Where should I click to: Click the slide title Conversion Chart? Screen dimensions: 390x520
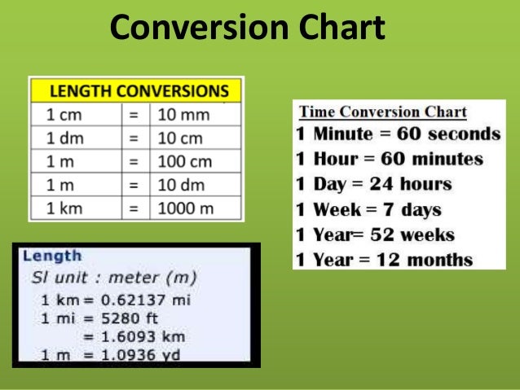(x=246, y=28)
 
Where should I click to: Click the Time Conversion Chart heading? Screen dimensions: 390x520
(x=383, y=112)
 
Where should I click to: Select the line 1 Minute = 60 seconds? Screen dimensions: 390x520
(x=397, y=134)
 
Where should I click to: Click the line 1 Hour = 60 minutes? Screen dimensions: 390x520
(x=389, y=159)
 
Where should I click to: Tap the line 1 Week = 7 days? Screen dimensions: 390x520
(x=369, y=209)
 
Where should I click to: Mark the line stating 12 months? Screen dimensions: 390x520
(x=384, y=260)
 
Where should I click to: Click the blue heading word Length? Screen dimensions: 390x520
(x=52, y=256)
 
